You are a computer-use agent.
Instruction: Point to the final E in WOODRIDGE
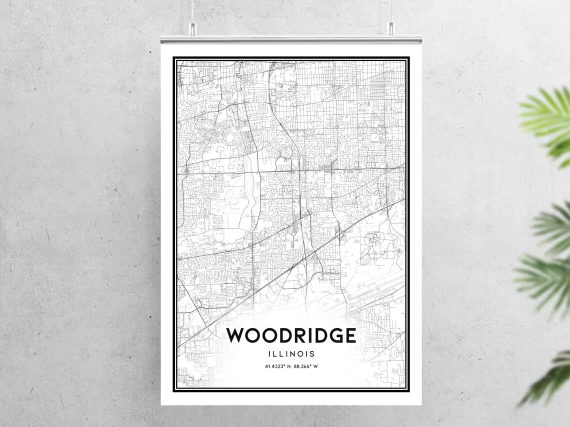click(x=349, y=335)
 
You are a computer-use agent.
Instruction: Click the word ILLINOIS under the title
click(x=291, y=354)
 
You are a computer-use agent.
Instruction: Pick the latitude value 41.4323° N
click(x=278, y=366)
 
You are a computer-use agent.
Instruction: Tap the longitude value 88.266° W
click(x=306, y=366)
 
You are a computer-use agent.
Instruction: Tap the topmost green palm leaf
click(x=547, y=117)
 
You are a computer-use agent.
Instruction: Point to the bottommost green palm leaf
click(x=547, y=377)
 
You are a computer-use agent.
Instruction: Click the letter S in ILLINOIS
click(x=312, y=354)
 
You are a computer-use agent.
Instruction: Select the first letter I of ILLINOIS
click(x=270, y=354)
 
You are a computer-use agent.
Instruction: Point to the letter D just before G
click(x=315, y=335)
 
